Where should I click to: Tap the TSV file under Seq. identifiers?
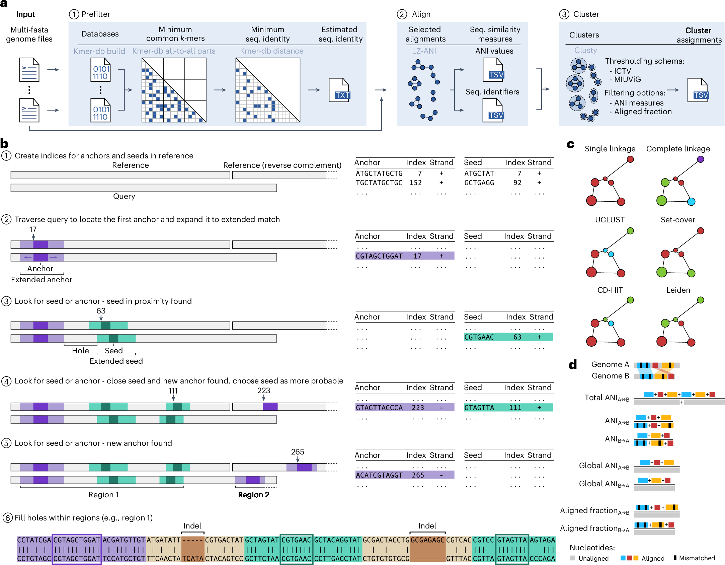click(x=493, y=111)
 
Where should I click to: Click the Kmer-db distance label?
click(x=271, y=51)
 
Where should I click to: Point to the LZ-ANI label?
click(x=424, y=51)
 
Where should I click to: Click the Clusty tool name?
click(x=585, y=50)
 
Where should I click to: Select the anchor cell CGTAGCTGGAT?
click(x=379, y=256)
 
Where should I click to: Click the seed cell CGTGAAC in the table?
click(x=479, y=337)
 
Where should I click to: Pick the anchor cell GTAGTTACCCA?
click(x=379, y=408)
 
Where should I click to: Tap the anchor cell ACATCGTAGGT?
click(x=379, y=475)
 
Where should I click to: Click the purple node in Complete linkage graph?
click(x=701, y=159)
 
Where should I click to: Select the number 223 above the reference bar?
click(x=263, y=391)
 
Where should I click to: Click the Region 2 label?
click(x=253, y=495)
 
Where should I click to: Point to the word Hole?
click(x=80, y=351)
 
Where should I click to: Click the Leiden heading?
click(x=678, y=290)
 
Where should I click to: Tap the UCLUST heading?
click(x=610, y=220)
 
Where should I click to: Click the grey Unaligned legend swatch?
click(x=572, y=558)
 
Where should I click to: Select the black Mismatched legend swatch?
click(x=675, y=558)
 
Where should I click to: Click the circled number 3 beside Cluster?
click(x=564, y=14)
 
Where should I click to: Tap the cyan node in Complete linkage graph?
click(x=691, y=202)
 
